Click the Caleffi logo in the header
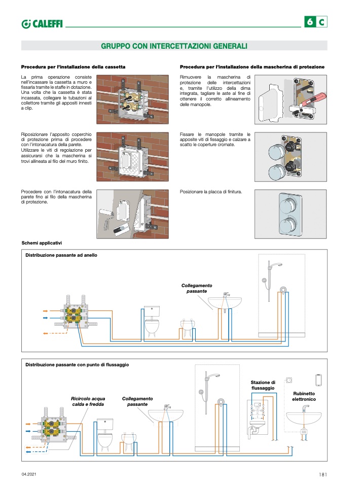pos(42,23)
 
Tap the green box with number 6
pos(309,22)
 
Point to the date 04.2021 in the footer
pos(29,474)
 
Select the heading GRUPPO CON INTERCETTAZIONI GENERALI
pos(174,46)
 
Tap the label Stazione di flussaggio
pos(263,385)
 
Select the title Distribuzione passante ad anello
pos(61,255)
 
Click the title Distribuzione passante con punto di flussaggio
pos(77,365)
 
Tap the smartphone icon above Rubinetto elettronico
pos(318,379)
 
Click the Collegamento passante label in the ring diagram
pos(197,289)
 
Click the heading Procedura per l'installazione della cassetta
pos(73,67)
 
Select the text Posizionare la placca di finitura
pos(211,192)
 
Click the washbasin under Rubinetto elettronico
pos(304,418)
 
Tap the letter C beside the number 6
pos(322,22)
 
